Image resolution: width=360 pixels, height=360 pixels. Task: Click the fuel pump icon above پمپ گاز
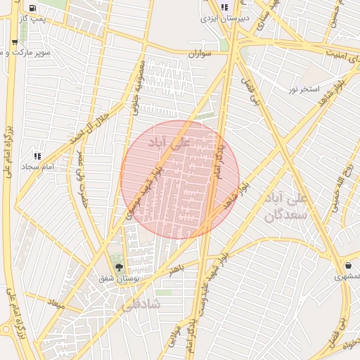(34, 8)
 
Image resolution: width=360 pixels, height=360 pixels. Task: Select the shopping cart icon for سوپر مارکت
(15, 42)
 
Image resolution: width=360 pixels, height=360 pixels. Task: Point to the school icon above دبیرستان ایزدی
(224, 8)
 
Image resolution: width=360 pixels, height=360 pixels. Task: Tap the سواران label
(202, 53)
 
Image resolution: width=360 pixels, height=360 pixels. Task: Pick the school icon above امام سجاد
(37, 155)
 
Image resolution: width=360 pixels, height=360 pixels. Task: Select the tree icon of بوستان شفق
(118, 267)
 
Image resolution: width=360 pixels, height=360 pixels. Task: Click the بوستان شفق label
(119, 278)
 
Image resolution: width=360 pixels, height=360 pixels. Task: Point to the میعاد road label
(55, 305)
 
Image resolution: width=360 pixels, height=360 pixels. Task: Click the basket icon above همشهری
(349, 265)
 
